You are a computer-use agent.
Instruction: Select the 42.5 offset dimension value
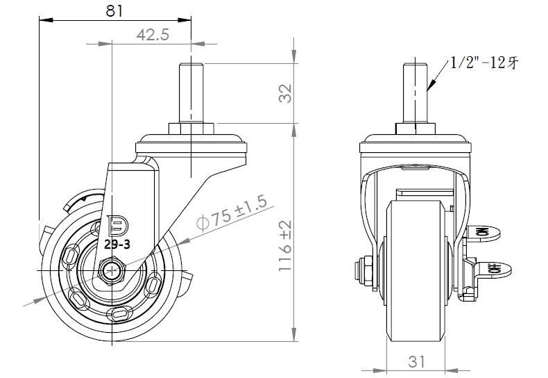tap(153, 35)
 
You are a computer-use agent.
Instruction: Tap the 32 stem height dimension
tap(285, 94)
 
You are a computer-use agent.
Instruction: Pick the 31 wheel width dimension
tap(416, 361)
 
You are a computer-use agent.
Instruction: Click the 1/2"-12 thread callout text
tap(483, 63)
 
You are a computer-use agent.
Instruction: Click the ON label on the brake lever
tap(482, 233)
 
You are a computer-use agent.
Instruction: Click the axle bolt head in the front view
tap(363, 270)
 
